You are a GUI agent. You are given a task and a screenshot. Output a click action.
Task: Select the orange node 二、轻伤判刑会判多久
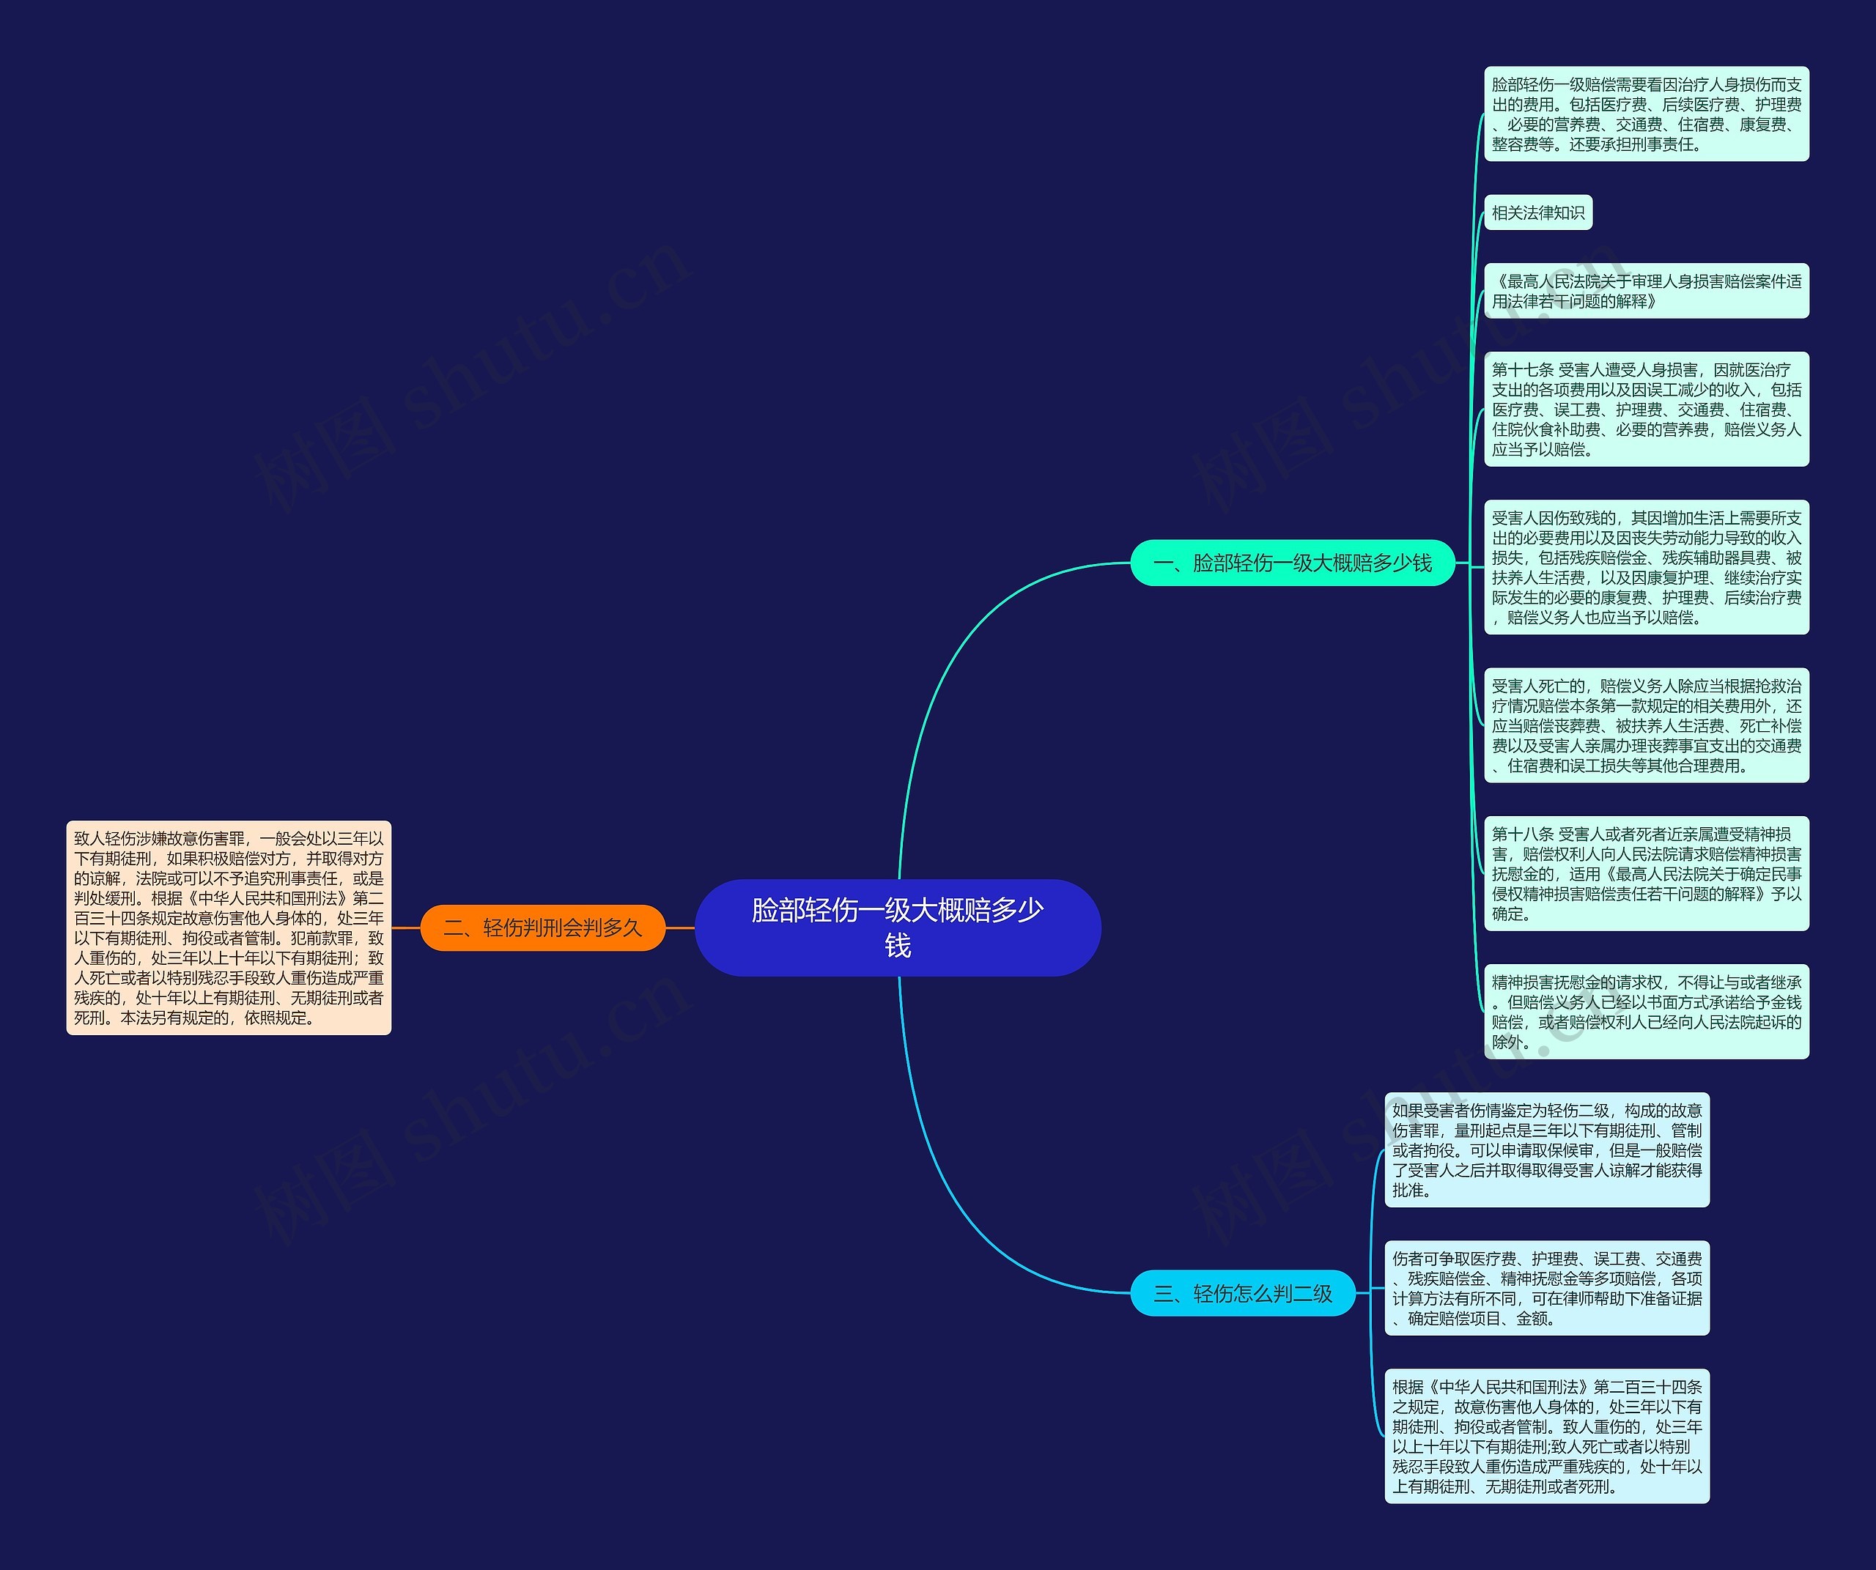click(542, 928)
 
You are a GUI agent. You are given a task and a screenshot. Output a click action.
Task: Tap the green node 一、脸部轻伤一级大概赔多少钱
click(1292, 563)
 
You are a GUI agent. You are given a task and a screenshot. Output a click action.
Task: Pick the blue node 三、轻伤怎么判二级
click(1243, 1293)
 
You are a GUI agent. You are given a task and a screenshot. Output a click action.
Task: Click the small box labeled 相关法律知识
click(1537, 212)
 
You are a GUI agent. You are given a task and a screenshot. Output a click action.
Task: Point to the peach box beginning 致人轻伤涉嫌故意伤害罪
click(229, 928)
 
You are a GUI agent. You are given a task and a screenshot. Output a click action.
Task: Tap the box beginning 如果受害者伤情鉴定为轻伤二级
click(1546, 1150)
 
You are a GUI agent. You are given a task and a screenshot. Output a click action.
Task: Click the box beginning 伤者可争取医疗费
click(1546, 1288)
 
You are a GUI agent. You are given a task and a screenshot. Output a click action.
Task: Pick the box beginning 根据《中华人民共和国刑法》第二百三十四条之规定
click(1546, 1436)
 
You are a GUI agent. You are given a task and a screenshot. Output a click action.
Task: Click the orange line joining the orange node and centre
click(680, 928)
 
